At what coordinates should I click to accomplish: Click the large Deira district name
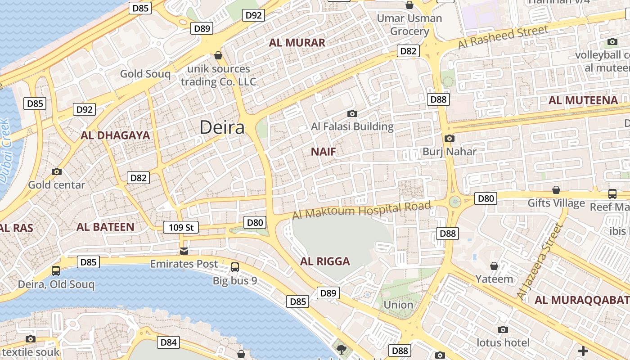222,127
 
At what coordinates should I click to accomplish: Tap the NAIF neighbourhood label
324,152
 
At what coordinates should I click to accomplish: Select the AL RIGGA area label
325,261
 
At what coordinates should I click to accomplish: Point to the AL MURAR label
297,43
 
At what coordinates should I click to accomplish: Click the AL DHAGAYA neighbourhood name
115,135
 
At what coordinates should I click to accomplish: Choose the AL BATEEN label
105,227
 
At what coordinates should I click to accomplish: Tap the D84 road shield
168,342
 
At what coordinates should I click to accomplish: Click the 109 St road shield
181,228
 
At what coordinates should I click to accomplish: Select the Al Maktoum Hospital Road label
361,210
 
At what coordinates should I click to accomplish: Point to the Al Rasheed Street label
503,37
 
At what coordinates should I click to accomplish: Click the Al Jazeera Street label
540,261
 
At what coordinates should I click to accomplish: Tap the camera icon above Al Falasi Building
352,113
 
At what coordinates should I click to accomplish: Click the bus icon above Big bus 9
235,267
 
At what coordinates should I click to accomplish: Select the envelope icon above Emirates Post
184,251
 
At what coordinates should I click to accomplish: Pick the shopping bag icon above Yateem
494,266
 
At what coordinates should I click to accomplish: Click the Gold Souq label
145,74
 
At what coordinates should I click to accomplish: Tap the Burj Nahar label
449,152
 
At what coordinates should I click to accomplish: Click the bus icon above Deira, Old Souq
56,271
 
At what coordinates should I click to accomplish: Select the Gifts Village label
556,203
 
